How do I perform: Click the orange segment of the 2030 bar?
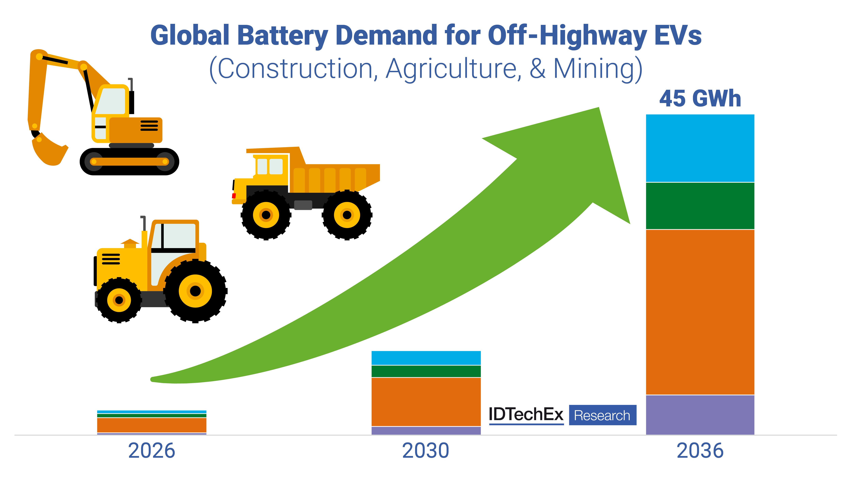[426, 402]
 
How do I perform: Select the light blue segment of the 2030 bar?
[426, 358]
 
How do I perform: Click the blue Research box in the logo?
[602, 415]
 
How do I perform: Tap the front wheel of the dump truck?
[266, 215]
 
